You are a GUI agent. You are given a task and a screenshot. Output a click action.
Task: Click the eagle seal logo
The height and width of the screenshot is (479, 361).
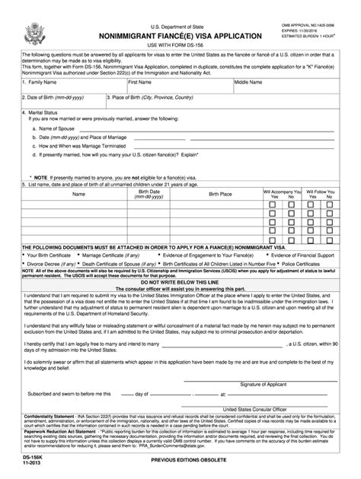[36, 33]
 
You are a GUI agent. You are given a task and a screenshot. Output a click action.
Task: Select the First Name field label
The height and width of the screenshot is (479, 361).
[139, 81]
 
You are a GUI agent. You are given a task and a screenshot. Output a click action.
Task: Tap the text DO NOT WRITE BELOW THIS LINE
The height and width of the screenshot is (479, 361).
[180, 282]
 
